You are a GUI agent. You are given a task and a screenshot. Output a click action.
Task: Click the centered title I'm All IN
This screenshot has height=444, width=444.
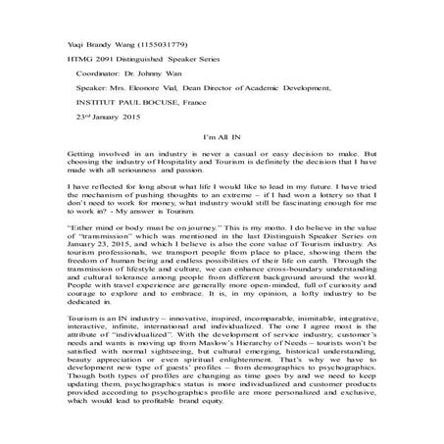(221, 139)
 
